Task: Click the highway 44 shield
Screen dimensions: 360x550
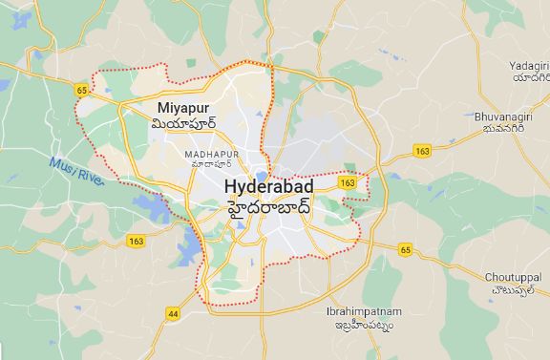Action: (173, 312)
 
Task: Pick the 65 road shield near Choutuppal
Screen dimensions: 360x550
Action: (405, 250)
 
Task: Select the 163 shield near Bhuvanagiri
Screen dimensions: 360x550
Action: (423, 151)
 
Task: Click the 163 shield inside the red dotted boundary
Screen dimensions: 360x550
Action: (348, 181)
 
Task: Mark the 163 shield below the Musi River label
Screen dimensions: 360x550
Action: (137, 242)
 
